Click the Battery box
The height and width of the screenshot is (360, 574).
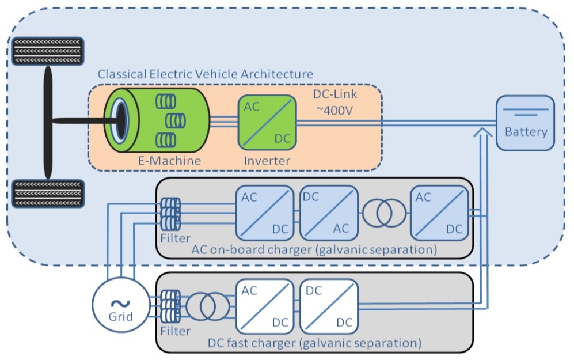coord(526,123)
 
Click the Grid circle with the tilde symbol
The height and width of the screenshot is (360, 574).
coord(120,305)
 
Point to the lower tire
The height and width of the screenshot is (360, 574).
coord(48,194)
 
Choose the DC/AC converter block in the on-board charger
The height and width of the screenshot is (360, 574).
coord(325,213)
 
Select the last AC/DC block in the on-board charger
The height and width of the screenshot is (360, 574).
coord(438,213)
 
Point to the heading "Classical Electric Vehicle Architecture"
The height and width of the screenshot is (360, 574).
coord(206,74)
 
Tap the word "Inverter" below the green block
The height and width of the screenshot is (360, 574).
coord(267,160)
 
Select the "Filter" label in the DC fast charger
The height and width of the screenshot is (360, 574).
coord(176,331)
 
